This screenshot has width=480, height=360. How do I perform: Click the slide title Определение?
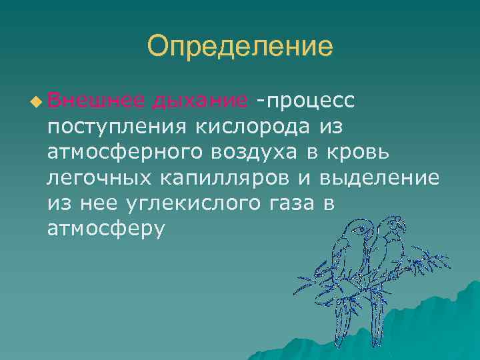pos(239,47)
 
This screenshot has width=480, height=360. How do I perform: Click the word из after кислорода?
pos(333,125)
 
